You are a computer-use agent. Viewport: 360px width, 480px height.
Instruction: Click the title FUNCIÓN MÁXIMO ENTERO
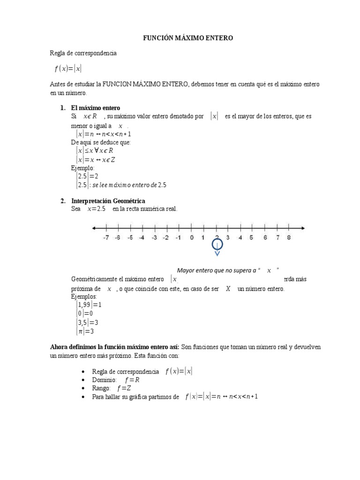[187, 38]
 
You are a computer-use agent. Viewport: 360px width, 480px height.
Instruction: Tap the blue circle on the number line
[217, 245]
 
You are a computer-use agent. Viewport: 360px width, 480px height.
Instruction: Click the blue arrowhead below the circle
[217, 255]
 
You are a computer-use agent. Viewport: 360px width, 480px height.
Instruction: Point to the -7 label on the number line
[106, 238]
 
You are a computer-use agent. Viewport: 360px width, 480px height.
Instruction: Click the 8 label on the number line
[289, 238]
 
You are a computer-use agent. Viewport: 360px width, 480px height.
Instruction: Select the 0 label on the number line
[192, 238]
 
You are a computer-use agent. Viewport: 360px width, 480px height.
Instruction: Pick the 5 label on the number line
[251, 238]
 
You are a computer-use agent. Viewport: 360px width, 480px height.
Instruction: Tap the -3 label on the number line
[154, 238]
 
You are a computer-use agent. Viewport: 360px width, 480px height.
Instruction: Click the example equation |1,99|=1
[89, 305]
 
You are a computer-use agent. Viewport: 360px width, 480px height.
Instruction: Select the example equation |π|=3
[85, 331]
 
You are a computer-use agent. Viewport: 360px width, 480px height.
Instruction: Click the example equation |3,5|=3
[87, 322]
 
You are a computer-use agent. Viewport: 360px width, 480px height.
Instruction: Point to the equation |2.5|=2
[87, 176]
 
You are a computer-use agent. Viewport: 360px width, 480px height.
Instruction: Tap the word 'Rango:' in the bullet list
[102, 389]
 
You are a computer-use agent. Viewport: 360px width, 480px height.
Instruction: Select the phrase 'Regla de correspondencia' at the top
[83, 53]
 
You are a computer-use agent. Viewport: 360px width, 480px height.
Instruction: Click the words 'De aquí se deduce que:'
[101, 142]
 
